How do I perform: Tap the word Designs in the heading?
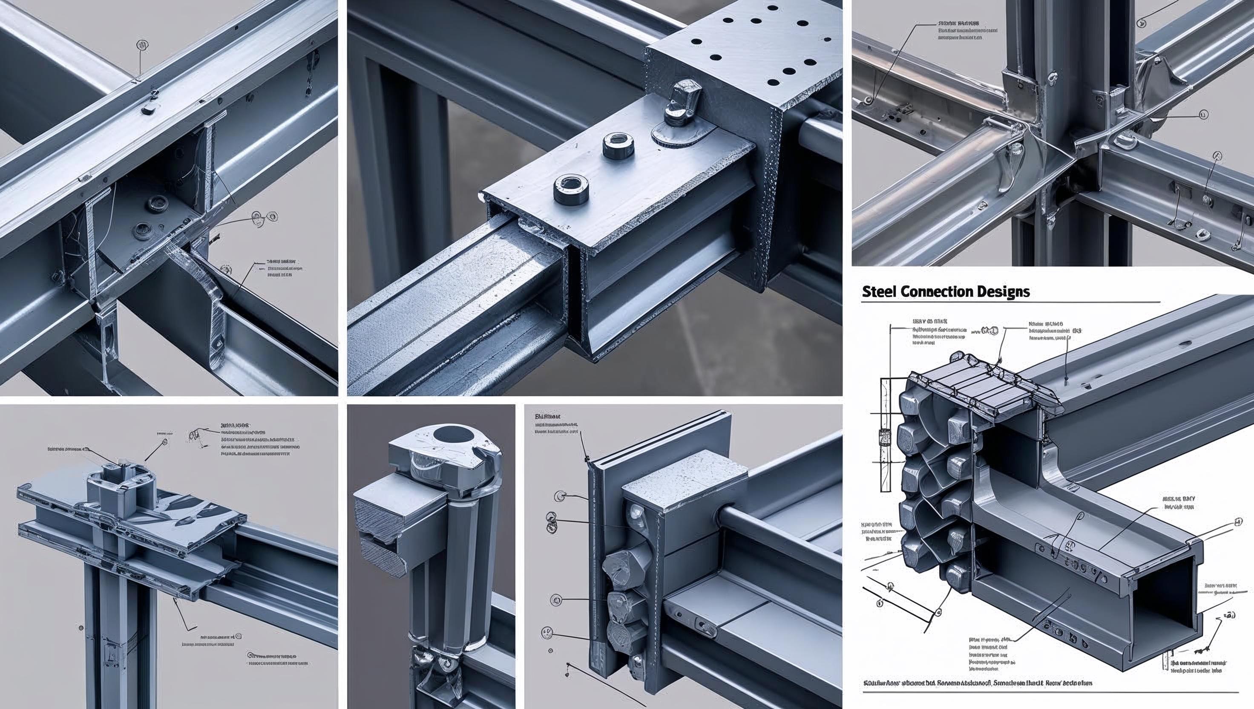point(1005,292)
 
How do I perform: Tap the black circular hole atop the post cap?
point(450,433)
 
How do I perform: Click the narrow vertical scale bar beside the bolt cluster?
point(883,438)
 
